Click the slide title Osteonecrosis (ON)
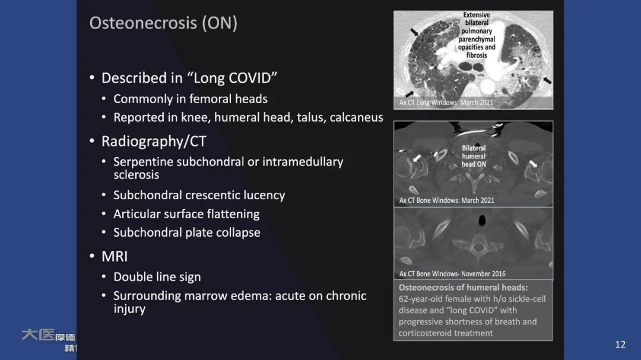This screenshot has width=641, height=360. [x=163, y=23]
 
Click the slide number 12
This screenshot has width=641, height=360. [x=620, y=345]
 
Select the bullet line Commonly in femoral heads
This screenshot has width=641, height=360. [x=191, y=99]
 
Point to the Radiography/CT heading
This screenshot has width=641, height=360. [x=154, y=142]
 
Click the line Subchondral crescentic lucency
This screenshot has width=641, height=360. [x=199, y=195]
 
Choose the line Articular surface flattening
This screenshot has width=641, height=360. [x=186, y=214]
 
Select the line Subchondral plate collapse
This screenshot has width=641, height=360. [x=186, y=232]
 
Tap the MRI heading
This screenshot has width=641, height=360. [x=115, y=257]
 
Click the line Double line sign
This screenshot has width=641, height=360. [x=157, y=277]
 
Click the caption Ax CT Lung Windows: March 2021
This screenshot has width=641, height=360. [x=446, y=103]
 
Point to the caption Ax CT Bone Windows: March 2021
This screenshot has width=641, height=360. [x=446, y=200]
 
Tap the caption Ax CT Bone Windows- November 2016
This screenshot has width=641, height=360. [x=452, y=274]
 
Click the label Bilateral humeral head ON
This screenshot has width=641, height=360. [x=474, y=156]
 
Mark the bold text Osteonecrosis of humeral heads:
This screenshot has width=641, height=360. [x=463, y=288]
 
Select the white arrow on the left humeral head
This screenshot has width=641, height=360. [x=418, y=158]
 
